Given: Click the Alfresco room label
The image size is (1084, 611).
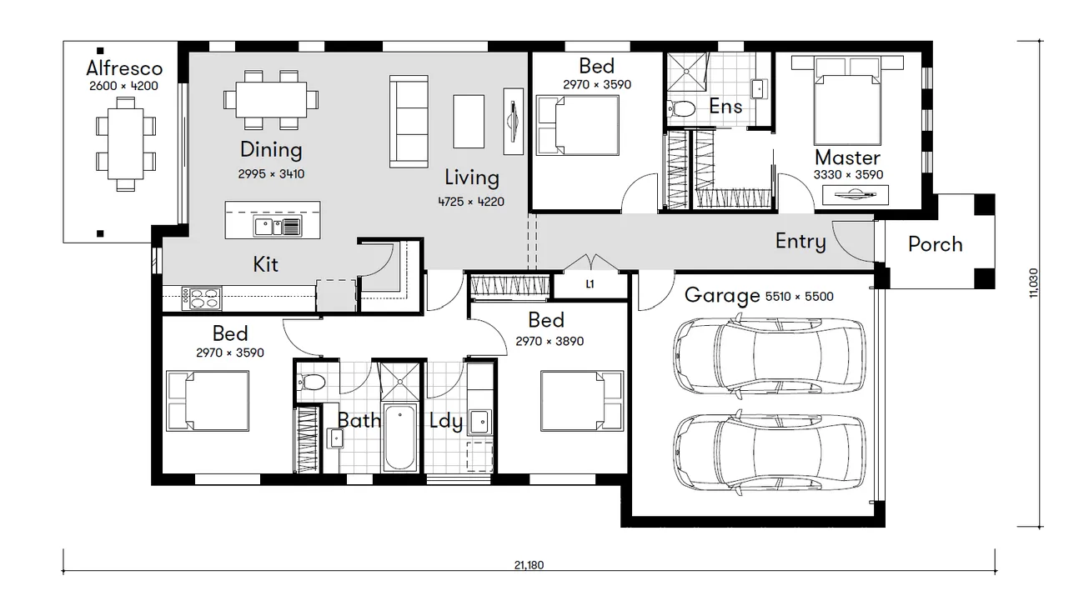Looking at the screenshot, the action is coord(124,68).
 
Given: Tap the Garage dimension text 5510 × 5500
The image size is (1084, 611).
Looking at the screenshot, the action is coord(800,296).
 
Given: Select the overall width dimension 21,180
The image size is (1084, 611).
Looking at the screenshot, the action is coord(529,565).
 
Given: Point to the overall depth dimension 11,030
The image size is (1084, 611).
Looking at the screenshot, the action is coord(1033,283).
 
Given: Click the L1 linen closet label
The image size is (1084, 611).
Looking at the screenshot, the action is coord(590,284).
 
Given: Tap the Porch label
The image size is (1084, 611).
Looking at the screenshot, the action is coord(935,244).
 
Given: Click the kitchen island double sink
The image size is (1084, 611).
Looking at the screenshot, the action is coord(278,227).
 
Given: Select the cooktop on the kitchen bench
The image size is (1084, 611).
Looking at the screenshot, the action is coord(201,298).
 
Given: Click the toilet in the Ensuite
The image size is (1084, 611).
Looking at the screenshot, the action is coord(681,109).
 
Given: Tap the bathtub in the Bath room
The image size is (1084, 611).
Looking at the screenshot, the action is coord(399,437).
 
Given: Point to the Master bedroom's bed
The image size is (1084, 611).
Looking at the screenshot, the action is coord(847,100).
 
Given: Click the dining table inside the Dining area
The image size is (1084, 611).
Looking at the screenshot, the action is coord(271,100).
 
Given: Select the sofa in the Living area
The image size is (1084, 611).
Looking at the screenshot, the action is coord(409,122).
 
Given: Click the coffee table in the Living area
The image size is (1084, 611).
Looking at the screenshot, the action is coord(469,122).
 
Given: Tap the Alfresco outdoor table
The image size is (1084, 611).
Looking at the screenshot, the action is coord(125,143).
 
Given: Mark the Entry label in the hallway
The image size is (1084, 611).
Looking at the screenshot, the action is coord(800,242).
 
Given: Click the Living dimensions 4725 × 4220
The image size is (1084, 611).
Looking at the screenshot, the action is coord(471,202).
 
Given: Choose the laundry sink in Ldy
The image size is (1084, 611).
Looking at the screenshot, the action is coord(480,422).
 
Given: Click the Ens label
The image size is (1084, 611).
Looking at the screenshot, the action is coord(725,107).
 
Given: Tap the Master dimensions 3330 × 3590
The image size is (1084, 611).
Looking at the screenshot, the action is coord(848,175).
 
